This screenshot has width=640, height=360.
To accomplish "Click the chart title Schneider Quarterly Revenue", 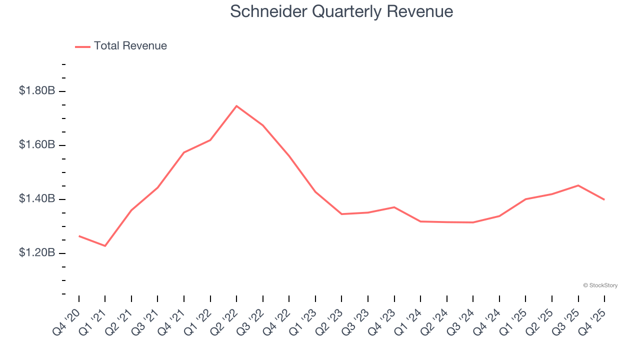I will (x=341, y=11).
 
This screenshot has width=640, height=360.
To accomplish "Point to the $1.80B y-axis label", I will (x=37, y=91).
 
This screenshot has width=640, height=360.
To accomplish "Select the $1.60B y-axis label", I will (x=37, y=145).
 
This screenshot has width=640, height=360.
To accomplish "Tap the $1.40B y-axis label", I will (x=37, y=199).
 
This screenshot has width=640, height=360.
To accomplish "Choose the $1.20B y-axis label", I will (x=37, y=253).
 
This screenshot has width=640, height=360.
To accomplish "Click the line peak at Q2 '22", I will (x=236, y=106).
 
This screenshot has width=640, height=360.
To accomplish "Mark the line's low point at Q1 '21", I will (x=105, y=246).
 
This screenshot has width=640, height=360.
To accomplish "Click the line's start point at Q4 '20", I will (x=79, y=236).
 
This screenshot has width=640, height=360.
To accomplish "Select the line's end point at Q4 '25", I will (x=604, y=199).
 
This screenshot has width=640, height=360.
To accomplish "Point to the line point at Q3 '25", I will (x=578, y=185).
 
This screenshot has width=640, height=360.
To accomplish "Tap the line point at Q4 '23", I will (x=394, y=207).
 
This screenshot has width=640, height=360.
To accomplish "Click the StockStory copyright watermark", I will (x=600, y=285).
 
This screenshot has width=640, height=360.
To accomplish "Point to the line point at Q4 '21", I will (x=184, y=152).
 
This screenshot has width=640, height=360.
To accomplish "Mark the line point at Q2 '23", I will (x=341, y=214).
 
